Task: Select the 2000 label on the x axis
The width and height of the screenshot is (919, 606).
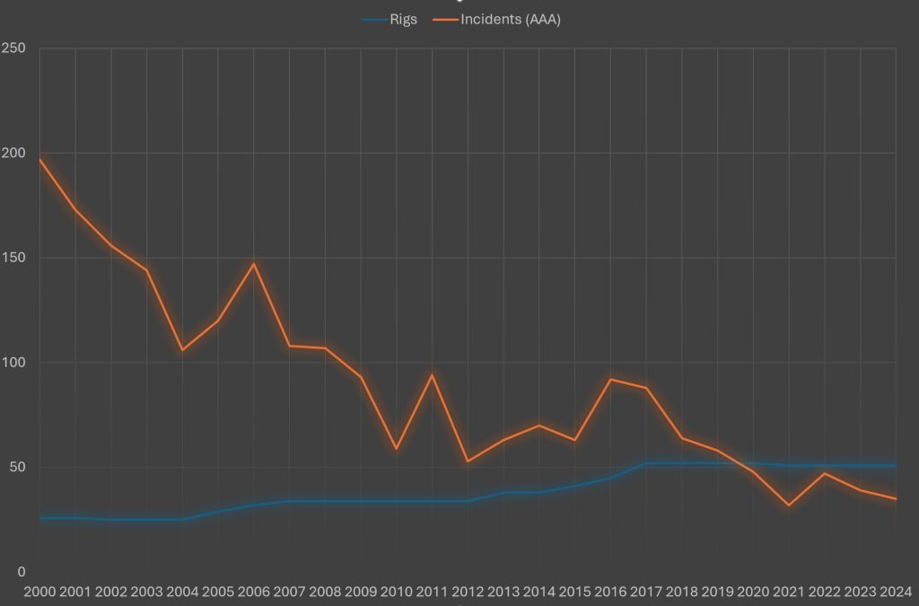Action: (x=39, y=592)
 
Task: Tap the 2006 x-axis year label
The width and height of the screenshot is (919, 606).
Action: (x=254, y=592)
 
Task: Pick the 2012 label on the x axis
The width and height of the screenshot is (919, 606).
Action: (x=468, y=592)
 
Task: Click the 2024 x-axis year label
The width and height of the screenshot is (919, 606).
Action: (x=895, y=592)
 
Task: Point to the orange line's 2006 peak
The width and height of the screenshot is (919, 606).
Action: (x=254, y=264)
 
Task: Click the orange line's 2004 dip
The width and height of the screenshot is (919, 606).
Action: (x=182, y=350)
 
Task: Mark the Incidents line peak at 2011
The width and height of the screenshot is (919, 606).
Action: (x=432, y=375)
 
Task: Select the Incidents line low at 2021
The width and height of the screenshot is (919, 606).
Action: (x=789, y=505)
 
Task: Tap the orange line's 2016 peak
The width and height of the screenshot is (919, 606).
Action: (x=610, y=379)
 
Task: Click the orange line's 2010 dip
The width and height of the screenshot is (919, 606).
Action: (x=396, y=449)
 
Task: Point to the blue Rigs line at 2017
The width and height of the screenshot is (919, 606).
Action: (x=646, y=463)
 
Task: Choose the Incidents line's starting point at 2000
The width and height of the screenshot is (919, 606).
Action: (x=39, y=159)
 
